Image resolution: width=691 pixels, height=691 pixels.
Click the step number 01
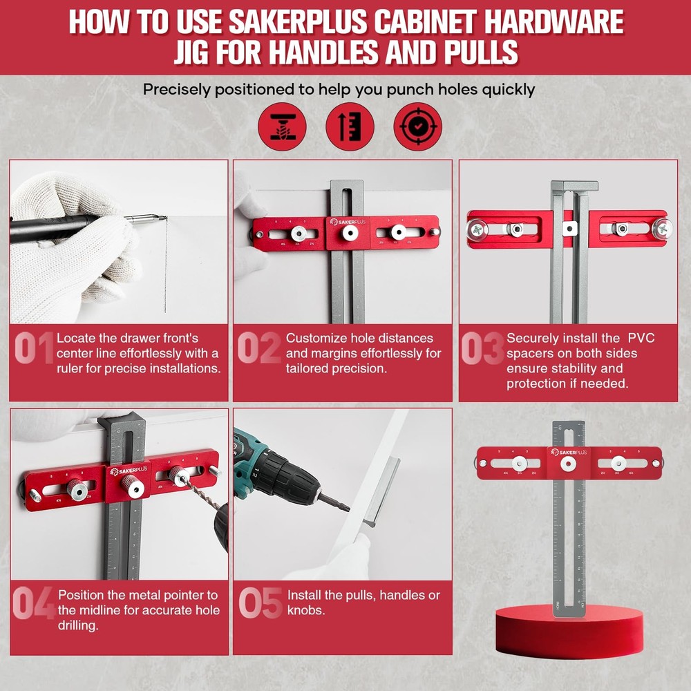[x=34, y=348]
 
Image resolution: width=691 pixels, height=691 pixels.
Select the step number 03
[x=482, y=348]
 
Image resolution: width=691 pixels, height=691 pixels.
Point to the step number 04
[x=34, y=603]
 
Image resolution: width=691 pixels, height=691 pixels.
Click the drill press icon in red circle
[x=281, y=127]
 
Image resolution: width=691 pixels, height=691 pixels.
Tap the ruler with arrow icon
[x=350, y=127]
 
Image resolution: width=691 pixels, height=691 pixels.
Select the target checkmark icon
[x=417, y=127]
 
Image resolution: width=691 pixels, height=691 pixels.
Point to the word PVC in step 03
[x=641, y=338]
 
